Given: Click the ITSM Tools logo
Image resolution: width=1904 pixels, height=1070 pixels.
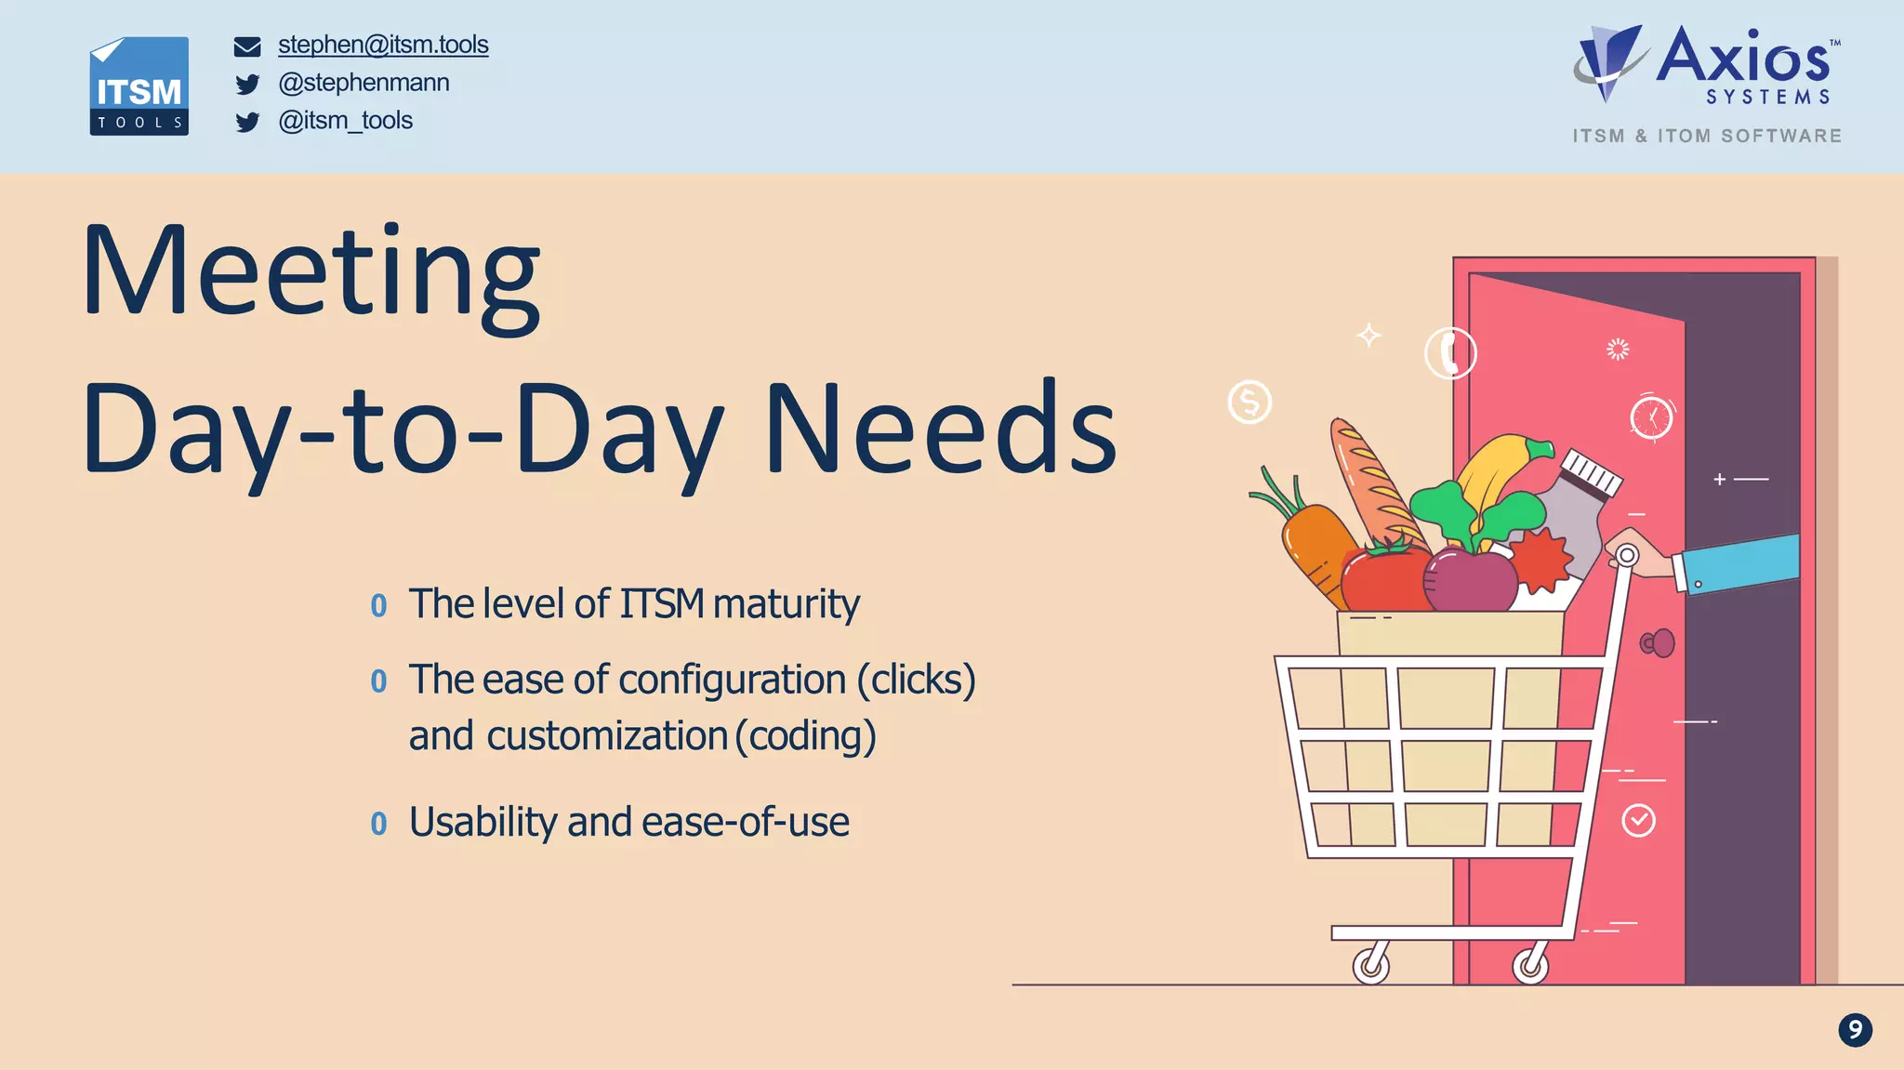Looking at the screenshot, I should [139, 86].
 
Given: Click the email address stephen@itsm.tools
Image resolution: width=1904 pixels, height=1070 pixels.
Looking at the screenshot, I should [382, 45].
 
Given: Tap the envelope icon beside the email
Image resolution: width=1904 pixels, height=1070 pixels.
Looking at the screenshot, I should [247, 46].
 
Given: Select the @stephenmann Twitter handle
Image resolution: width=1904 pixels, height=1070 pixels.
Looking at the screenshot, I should [364, 83].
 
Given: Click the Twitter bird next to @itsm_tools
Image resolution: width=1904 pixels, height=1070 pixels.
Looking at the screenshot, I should [247, 122].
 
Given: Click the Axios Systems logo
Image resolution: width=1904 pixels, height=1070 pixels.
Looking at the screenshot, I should [1707, 65].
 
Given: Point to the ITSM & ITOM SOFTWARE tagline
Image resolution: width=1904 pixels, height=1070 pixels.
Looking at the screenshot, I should [1707, 136].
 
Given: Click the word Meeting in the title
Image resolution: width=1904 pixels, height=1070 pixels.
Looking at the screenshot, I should [311, 274].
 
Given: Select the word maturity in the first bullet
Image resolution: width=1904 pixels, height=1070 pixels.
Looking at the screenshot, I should [786, 604].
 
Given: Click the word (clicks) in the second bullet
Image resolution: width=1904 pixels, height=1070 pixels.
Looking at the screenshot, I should [916, 680].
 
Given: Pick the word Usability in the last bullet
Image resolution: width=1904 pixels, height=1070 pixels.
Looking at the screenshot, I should [483, 822].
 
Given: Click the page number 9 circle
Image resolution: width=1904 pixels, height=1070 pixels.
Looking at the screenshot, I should [1855, 1030].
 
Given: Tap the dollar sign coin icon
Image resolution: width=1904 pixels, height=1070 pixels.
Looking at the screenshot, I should [1249, 403].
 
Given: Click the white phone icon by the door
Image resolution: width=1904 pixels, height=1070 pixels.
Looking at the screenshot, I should [1450, 353].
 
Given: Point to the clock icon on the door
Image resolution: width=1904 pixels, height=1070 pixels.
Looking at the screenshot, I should [1651, 417].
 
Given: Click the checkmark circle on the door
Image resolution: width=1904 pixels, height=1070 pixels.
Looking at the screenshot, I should [1638, 821].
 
